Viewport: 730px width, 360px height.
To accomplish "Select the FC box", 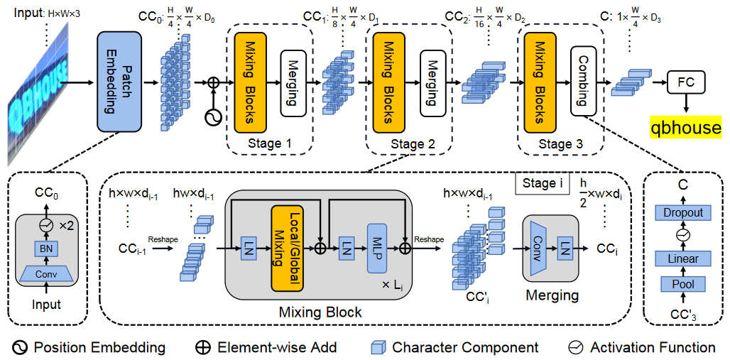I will [687, 84].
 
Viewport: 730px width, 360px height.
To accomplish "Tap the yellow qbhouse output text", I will [685, 128].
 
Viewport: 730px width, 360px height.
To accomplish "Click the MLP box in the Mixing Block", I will [377, 248].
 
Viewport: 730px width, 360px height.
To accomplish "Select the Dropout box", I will [682, 212].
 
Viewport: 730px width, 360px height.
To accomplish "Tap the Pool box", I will [682, 285].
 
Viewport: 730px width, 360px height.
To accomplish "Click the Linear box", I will [682, 258].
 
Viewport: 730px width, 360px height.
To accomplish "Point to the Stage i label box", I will [540, 183].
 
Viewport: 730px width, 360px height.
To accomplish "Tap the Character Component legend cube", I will [378, 347].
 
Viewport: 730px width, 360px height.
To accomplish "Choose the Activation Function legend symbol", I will [577, 347].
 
